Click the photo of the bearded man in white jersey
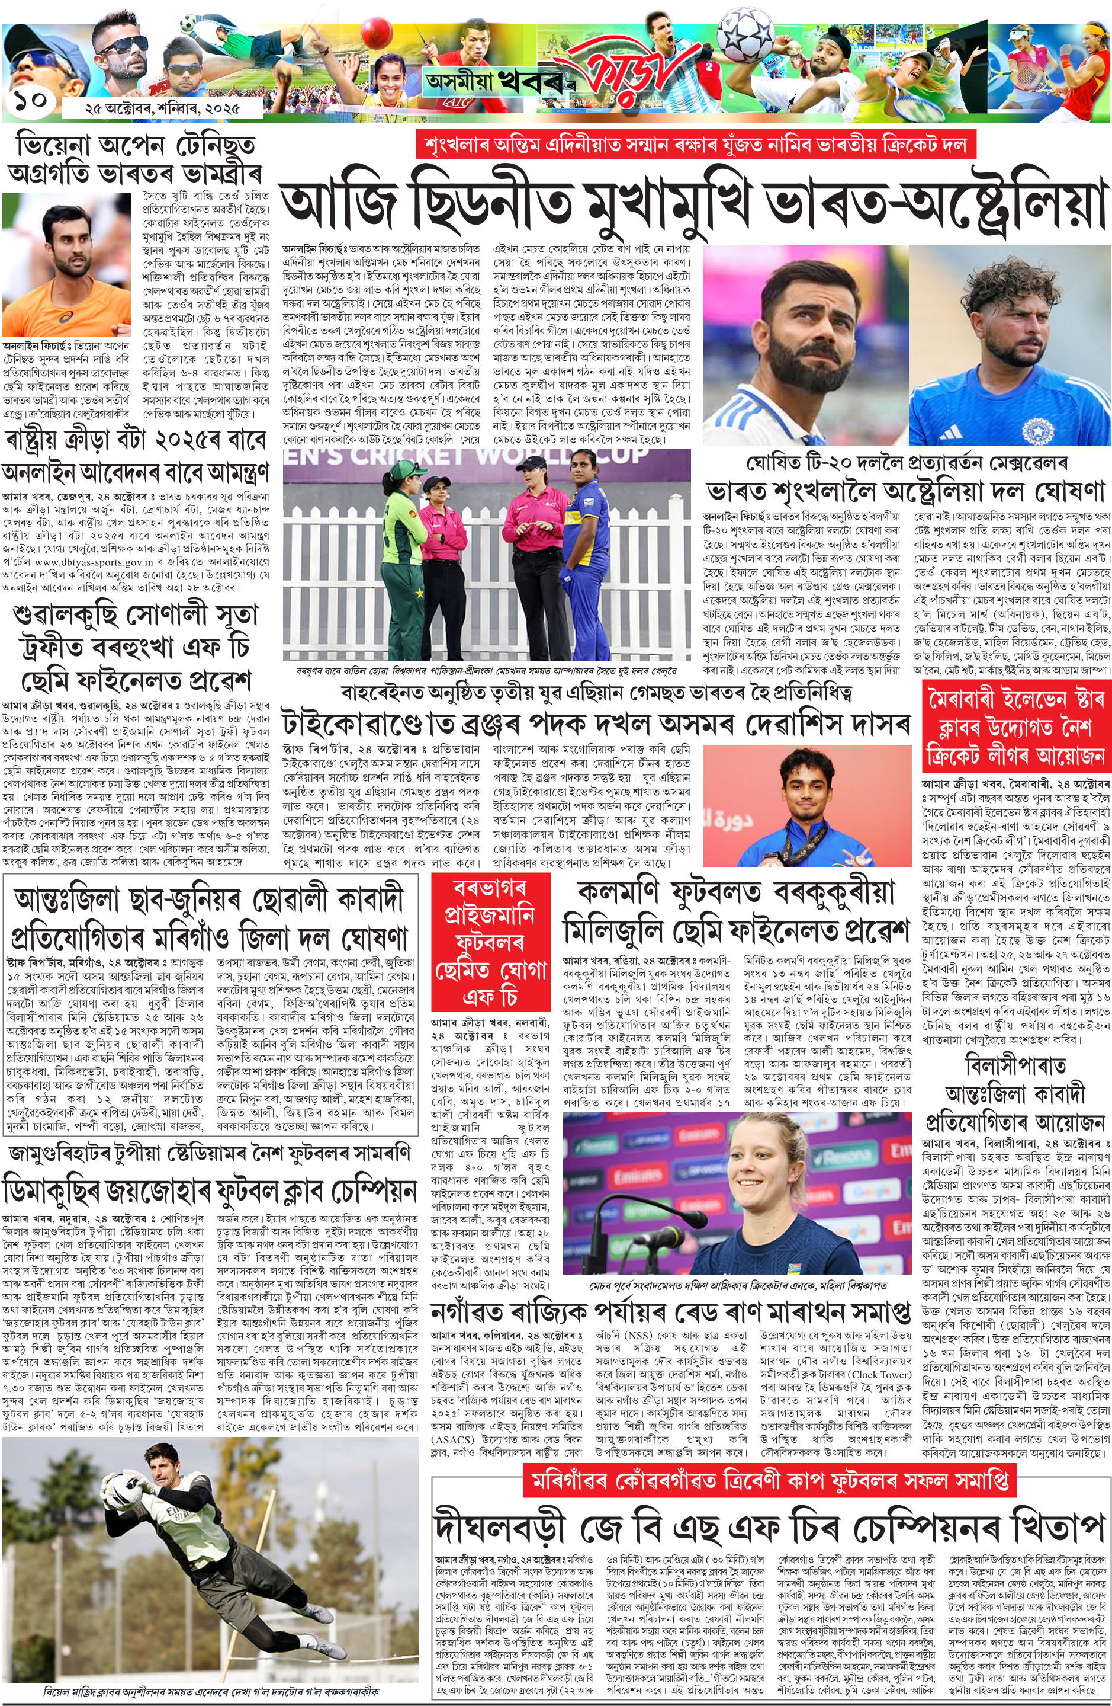(804, 344)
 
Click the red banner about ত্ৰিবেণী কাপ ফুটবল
(770, 1480)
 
